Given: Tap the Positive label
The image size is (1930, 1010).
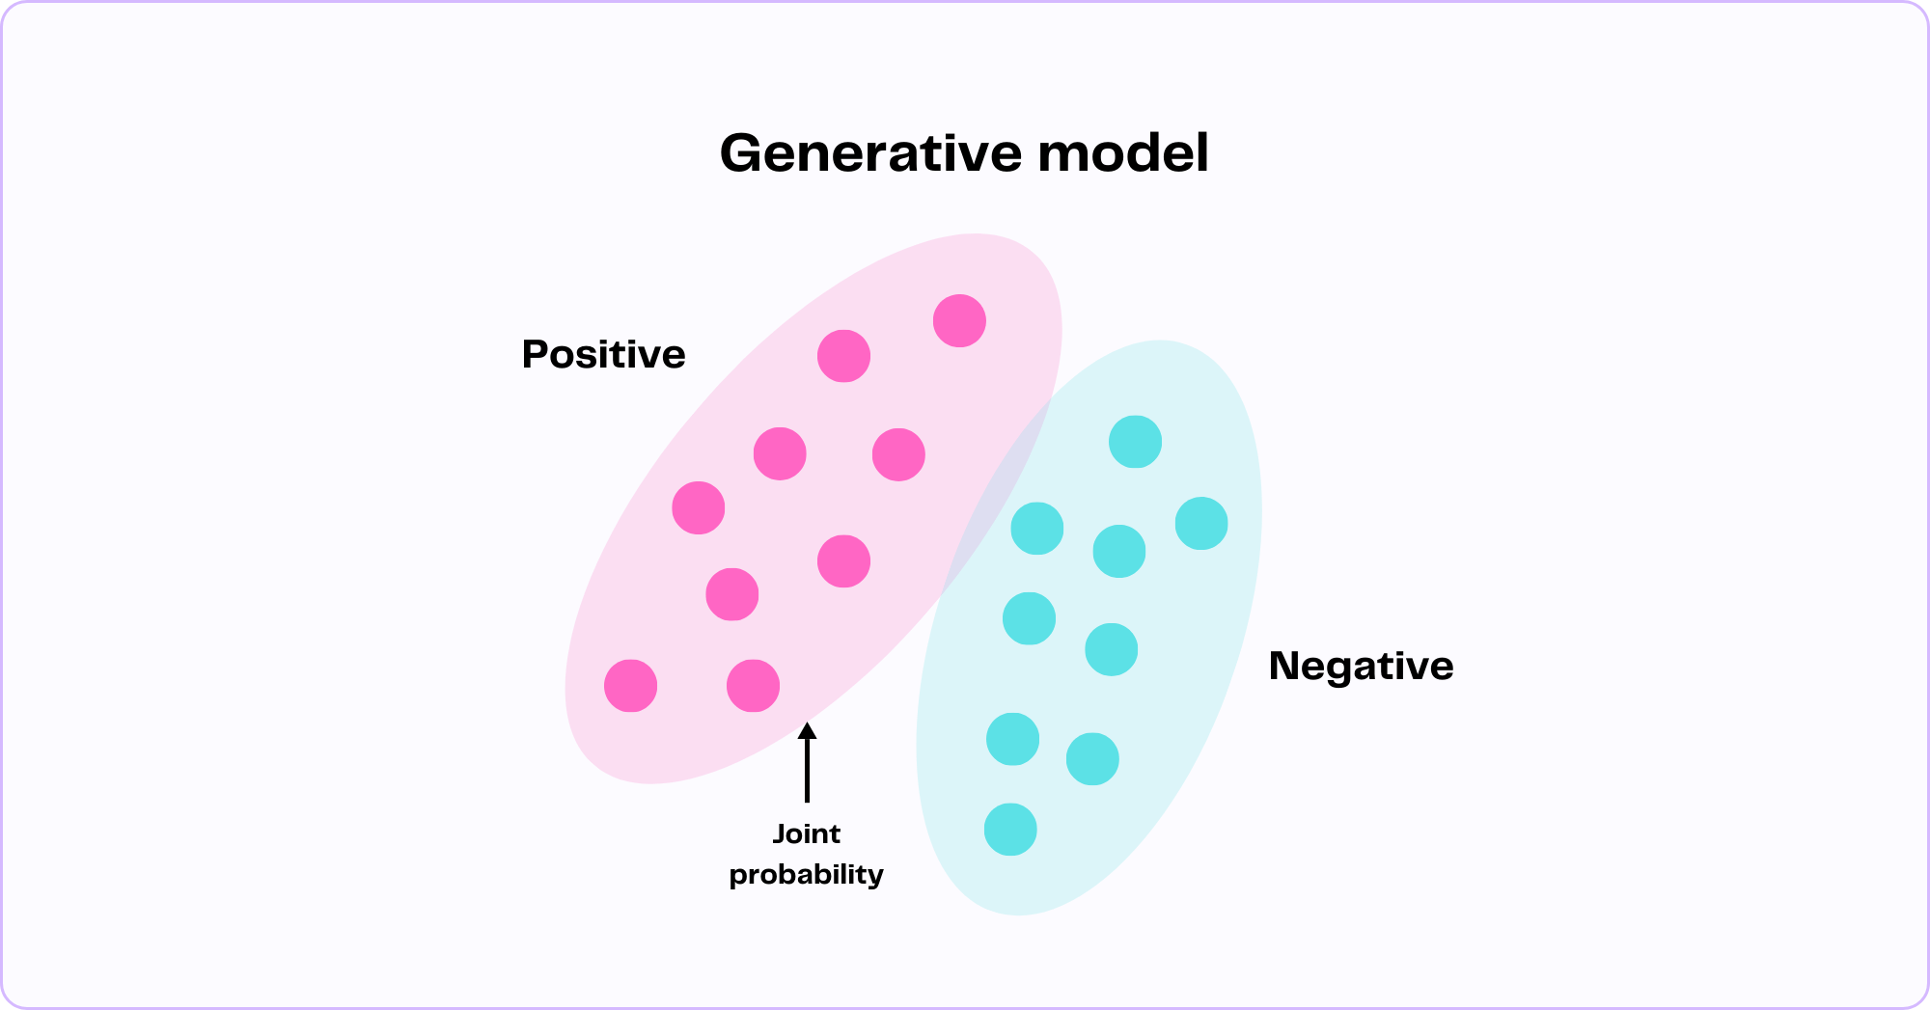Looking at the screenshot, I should [x=603, y=354].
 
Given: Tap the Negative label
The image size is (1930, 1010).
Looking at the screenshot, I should [x=1361, y=666].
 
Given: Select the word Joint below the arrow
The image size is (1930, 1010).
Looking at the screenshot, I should [x=807, y=833].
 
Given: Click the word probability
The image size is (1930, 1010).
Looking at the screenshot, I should [x=807, y=874].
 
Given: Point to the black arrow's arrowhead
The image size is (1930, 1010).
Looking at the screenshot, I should [x=807, y=730].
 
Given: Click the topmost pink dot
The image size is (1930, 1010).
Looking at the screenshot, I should [x=959, y=320].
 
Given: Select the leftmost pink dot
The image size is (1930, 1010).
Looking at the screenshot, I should [x=630, y=686].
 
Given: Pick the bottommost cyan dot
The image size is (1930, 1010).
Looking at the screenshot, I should [x=1010, y=830].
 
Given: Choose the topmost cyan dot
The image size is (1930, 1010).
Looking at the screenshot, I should [x=1135, y=442].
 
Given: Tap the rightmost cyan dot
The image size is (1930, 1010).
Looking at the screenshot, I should [x=1201, y=524].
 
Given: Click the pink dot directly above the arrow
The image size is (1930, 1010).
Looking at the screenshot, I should [x=753, y=686].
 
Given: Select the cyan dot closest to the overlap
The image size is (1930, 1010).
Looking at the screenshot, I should [x=1036, y=529].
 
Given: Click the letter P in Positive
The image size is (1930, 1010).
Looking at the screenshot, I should [x=535, y=354].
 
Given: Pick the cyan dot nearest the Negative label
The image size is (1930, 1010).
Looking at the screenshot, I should [x=1111, y=649].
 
